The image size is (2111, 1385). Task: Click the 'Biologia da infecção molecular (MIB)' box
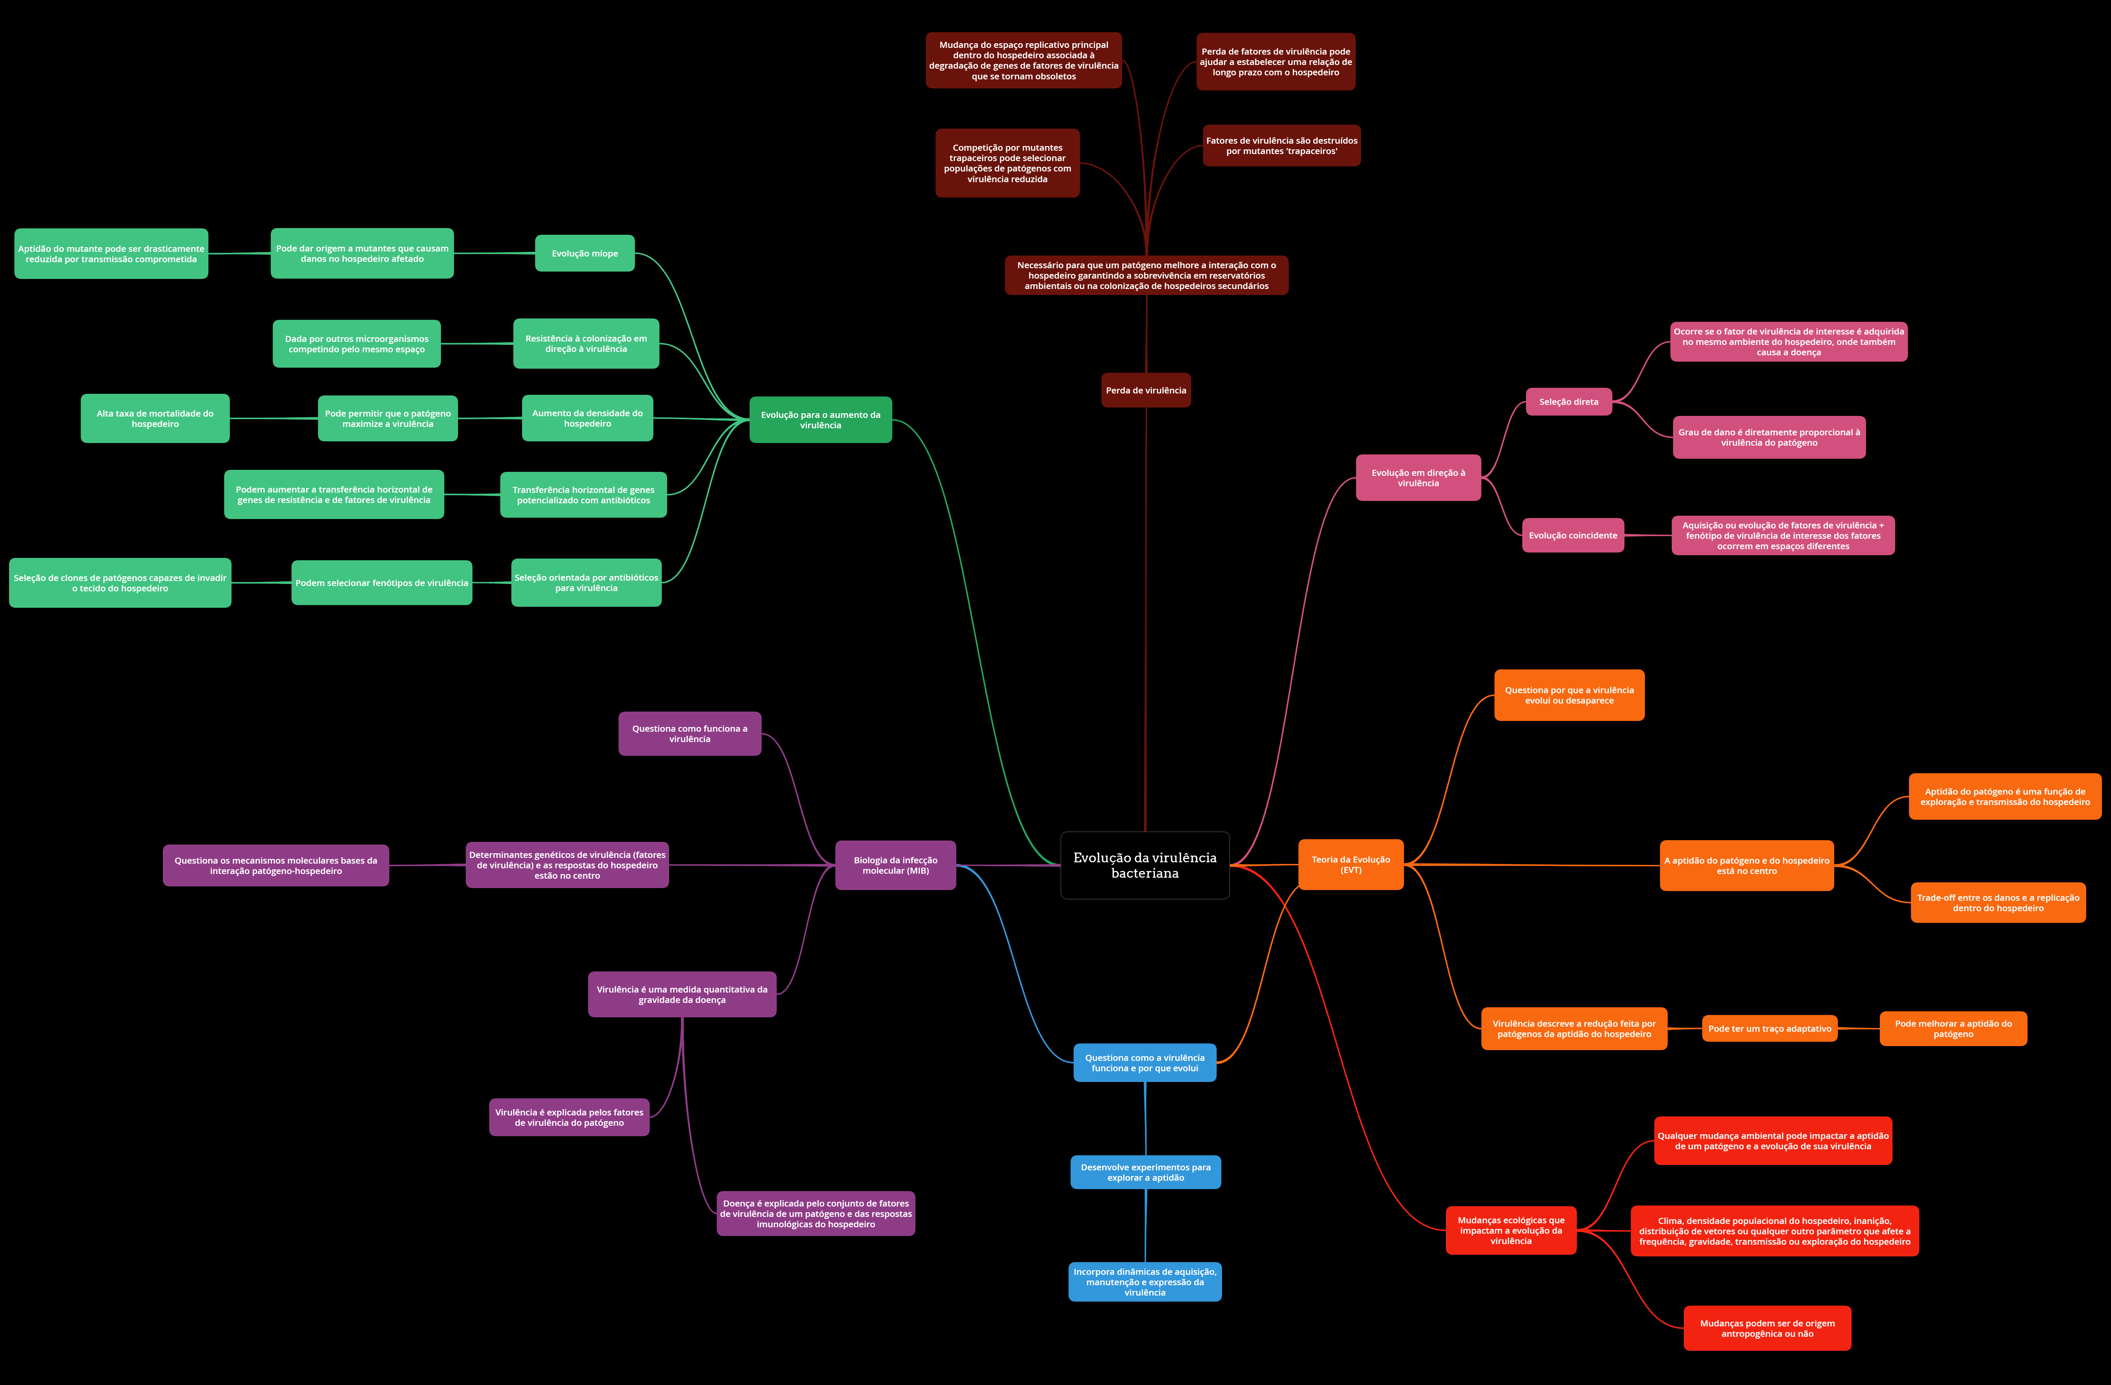click(x=895, y=865)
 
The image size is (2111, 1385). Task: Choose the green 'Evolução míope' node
click(x=584, y=253)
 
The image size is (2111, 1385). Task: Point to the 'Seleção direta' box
click(x=1568, y=402)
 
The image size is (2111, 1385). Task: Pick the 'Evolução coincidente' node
click(x=1573, y=535)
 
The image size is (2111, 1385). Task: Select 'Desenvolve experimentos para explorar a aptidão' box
click(x=1145, y=1172)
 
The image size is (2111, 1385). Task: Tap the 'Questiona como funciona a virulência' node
click(x=689, y=734)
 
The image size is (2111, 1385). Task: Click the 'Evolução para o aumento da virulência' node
click(x=821, y=420)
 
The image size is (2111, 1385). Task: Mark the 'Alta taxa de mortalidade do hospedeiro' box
click(x=155, y=419)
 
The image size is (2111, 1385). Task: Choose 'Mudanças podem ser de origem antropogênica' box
click(x=1767, y=1328)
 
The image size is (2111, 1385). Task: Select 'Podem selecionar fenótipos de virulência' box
click(x=381, y=583)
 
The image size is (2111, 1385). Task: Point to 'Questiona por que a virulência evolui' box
click(x=1568, y=695)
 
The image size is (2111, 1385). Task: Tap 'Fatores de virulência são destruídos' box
click(x=1281, y=145)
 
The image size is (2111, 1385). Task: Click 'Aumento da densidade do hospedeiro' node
click(x=587, y=419)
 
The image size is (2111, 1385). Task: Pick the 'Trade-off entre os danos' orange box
click(x=1997, y=903)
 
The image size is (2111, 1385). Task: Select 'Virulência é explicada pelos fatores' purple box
click(x=569, y=1117)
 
